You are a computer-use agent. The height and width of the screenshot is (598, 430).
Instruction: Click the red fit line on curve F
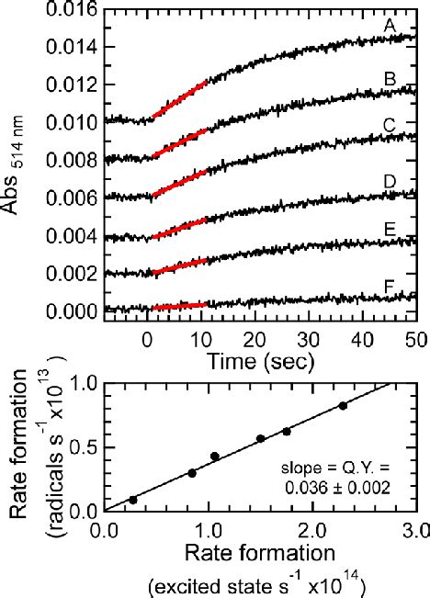click(x=179, y=306)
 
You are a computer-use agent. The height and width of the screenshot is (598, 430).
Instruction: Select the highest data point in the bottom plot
click(x=343, y=405)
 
